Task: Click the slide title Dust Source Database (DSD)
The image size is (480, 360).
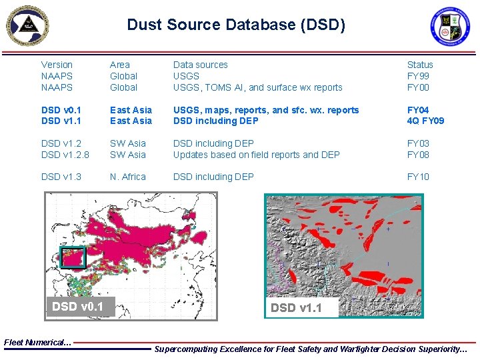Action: pyautogui.click(x=236, y=25)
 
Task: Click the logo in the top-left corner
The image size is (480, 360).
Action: pyautogui.click(x=27, y=25)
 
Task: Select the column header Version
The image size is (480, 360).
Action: pyautogui.click(x=57, y=65)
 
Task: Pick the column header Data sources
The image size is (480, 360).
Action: pyautogui.click(x=200, y=65)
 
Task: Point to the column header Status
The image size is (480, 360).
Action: pyautogui.click(x=419, y=65)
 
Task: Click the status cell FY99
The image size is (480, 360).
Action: pyautogui.click(x=418, y=76)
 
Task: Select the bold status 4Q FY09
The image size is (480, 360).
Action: pyautogui.click(x=425, y=121)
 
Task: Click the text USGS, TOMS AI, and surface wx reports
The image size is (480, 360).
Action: pyautogui.click(x=257, y=87)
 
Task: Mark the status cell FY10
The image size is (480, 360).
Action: pyautogui.click(x=418, y=177)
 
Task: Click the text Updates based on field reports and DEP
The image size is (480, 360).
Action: pyautogui.click(x=256, y=155)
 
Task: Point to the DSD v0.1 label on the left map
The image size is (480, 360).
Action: pyautogui.click(x=77, y=307)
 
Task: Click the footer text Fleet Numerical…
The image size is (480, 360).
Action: pyautogui.click(x=37, y=343)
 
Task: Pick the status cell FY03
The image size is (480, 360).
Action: pyautogui.click(x=418, y=143)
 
